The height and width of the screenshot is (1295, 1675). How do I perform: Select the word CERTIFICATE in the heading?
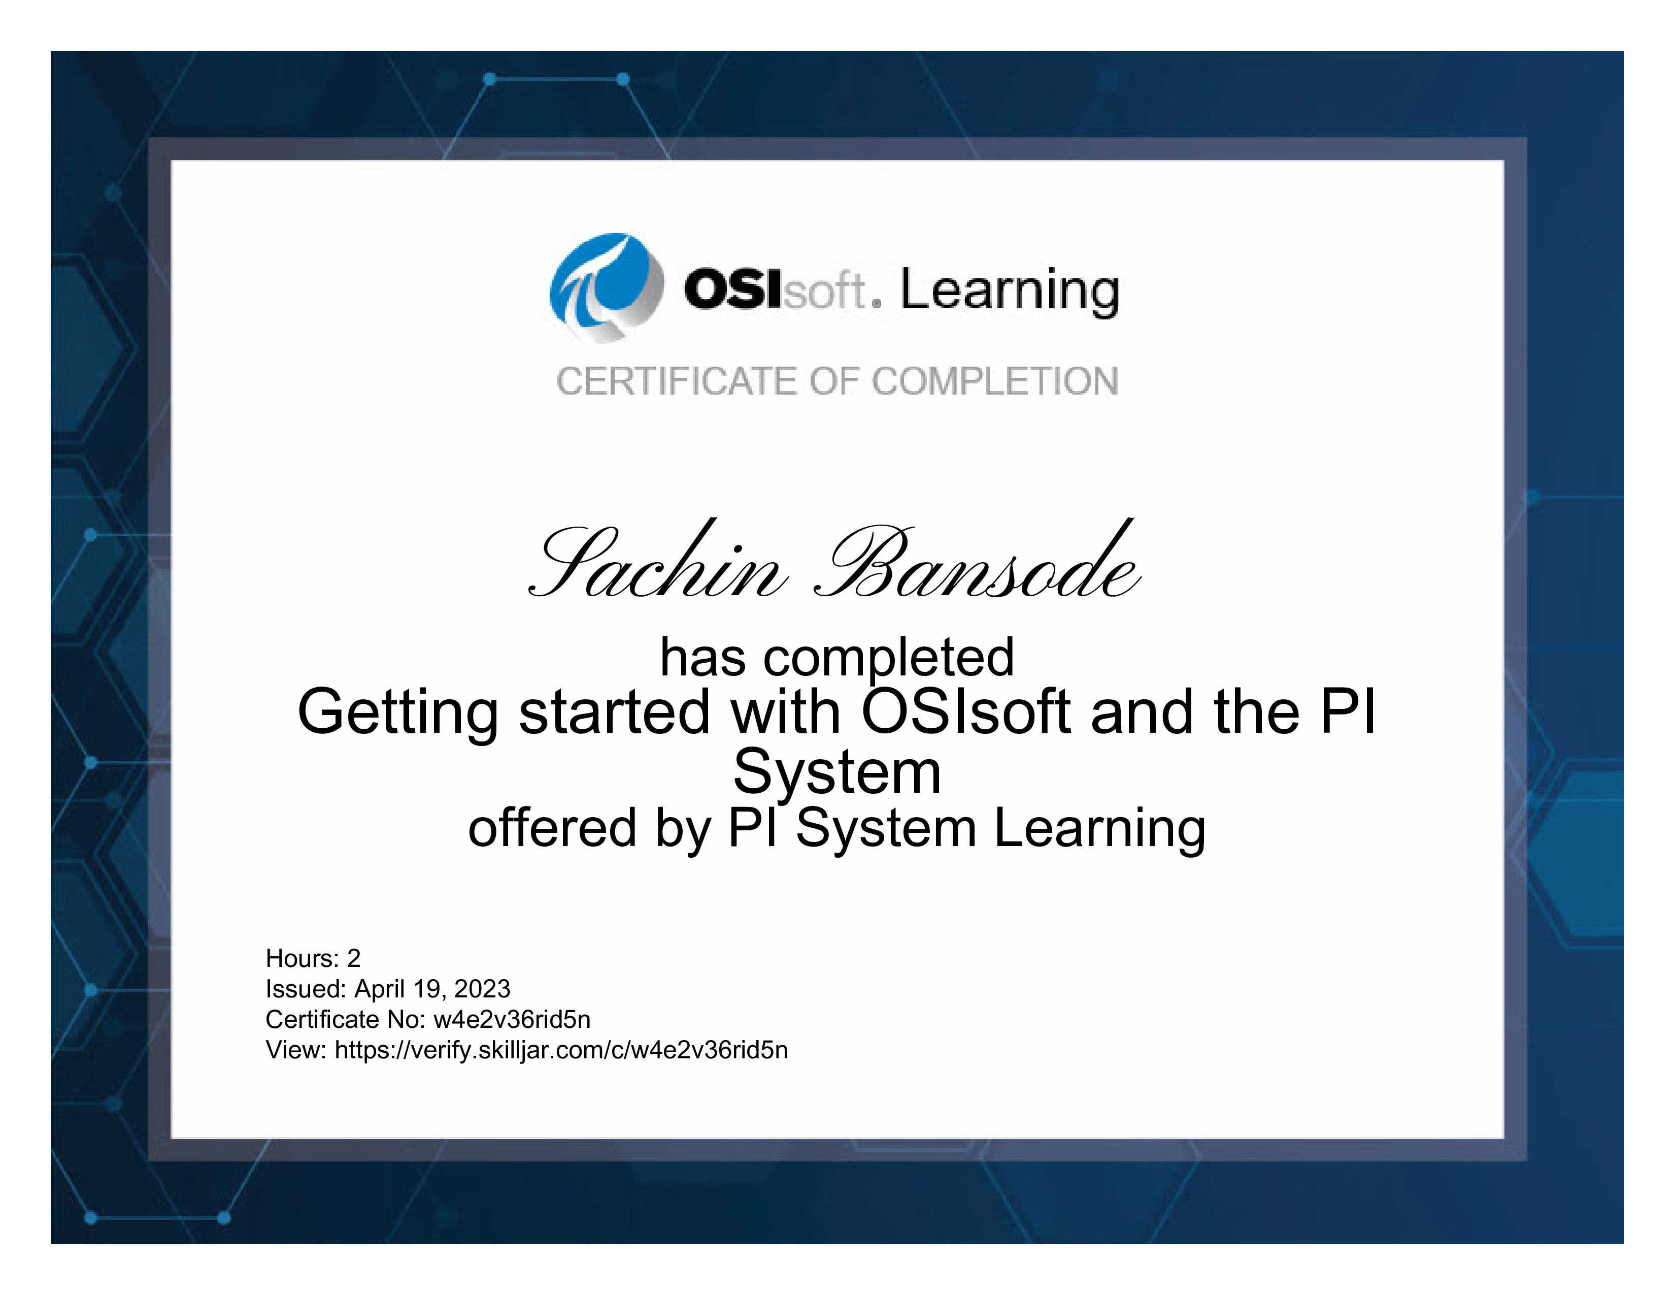pos(677,381)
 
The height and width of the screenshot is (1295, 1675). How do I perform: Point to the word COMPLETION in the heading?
pos(995,381)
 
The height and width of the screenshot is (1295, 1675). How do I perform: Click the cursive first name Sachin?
pos(658,560)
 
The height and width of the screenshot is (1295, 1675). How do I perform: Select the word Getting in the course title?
pos(398,714)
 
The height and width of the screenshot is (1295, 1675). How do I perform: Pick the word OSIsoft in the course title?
pos(965,710)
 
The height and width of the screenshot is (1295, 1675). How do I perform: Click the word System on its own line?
pos(836,772)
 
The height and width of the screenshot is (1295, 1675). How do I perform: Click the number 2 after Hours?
pos(354,958)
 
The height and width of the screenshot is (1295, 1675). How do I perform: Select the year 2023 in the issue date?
pos(482,989)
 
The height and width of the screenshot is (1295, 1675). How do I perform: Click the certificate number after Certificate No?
pos(512,1020)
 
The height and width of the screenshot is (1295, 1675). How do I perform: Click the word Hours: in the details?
pos(302,958)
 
